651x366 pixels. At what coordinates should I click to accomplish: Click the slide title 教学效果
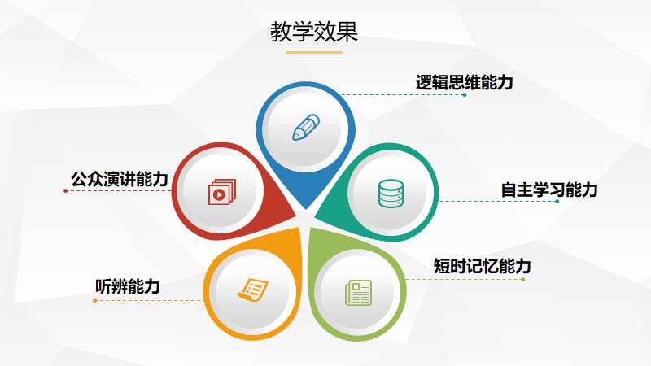tap(314, 32)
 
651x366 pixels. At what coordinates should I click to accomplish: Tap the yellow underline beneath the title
tap(314, 53)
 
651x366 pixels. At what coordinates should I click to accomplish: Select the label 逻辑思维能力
tap(464, 82)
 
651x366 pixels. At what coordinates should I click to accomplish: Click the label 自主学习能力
tap(548, 190)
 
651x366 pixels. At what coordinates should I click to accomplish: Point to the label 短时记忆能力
tap(482, 266)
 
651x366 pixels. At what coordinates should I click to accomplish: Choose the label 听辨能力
tap(128, 286)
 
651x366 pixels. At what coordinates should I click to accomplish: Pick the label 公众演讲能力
tap(120, 179)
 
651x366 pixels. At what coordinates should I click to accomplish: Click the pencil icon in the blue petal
tap(306, 128)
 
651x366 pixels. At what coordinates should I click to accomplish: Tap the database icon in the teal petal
tap(391, 194)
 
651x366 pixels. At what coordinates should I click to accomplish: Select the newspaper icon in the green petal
tap(359, 293)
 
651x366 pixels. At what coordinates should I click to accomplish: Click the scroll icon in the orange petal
tap(253, 289)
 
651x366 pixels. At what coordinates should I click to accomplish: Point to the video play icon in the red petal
tap(221, 192)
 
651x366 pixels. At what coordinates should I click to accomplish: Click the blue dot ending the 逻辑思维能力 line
tap(464, 95)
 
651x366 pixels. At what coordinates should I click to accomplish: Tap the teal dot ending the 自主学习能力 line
tap(557, 202)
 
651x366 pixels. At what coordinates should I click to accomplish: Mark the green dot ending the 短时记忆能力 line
tap(522, 280)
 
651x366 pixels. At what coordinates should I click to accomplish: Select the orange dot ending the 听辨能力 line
tap(95, 300)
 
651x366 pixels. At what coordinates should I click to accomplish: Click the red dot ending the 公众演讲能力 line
tap(66, 191)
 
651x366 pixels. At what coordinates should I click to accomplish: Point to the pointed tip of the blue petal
tap(306, 209)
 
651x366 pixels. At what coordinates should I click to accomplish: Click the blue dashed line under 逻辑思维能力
tap(402, 95)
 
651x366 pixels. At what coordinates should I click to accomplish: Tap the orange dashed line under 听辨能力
tap(150, 300)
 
